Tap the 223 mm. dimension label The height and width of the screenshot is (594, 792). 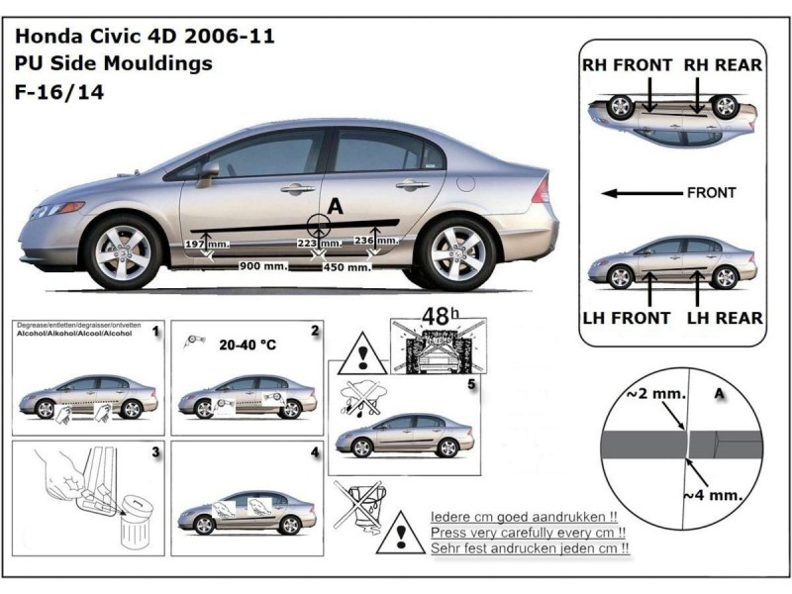click(316, 244)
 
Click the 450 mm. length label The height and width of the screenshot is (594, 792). click(346, 266)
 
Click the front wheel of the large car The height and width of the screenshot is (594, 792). click(123, 251)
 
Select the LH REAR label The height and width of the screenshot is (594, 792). click(725, 318)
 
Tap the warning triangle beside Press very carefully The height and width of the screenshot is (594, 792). click(400, 533)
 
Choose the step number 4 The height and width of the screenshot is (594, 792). click(314, 452)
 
